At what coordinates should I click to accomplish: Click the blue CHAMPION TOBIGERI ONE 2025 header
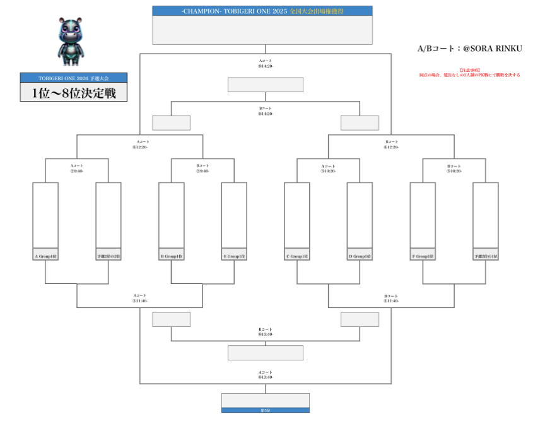point(262,11)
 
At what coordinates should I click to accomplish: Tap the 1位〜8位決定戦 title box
point(74,92)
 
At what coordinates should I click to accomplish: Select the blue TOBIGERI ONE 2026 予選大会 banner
point(74,78)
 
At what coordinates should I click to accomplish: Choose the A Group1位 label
point(45,256)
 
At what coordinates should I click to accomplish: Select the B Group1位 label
point(172,256)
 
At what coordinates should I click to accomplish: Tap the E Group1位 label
point(234,256)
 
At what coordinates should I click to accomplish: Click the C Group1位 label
point(297,256)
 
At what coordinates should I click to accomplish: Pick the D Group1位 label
point(360,256)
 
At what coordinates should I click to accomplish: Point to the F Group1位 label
point(423,256)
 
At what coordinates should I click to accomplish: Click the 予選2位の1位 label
point(486,256)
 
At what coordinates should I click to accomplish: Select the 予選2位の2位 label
point(108,256)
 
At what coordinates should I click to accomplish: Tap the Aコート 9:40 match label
point(77,168)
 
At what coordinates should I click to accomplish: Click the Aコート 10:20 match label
point(328,168)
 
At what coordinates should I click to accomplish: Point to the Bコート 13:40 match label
point(266,331)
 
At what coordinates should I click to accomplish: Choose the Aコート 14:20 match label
point(266,63)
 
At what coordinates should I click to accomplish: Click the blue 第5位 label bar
point(266,410)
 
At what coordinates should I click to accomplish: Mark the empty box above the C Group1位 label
point(297,215)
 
